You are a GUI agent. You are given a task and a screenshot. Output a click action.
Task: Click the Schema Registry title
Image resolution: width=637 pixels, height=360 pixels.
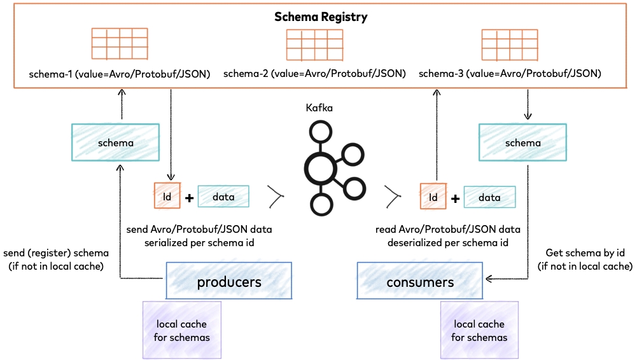click(321, 17)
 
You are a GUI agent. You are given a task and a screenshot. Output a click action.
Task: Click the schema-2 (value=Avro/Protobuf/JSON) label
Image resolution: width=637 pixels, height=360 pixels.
click(314, 74)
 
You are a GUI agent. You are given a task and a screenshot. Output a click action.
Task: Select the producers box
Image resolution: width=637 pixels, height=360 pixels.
click(228, 281)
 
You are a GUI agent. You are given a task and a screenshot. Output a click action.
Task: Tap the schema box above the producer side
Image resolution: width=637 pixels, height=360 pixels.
click(115, 142)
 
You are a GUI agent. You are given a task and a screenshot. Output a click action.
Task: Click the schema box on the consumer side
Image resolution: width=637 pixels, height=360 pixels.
click(522, 142)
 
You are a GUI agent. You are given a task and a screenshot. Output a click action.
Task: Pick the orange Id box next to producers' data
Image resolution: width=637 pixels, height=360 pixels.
click(167, 197)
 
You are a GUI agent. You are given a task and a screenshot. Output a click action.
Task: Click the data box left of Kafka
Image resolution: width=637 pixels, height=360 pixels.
click(223, 197)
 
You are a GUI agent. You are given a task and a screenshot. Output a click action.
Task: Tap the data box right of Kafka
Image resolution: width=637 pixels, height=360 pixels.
click(489, 197)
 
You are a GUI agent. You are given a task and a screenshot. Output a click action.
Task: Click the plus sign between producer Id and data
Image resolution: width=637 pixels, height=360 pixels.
click(189, 198)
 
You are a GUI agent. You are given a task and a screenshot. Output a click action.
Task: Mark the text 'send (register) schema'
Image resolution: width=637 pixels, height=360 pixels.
click(56, 253)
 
